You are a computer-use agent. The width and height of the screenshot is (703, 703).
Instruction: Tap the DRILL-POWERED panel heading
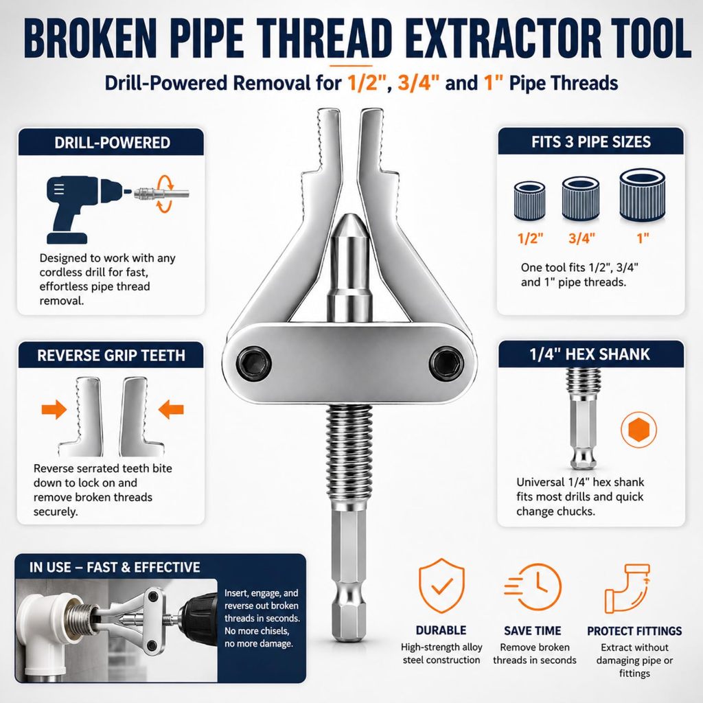point(112,143)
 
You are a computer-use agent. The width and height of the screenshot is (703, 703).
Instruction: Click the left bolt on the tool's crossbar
point(254,362)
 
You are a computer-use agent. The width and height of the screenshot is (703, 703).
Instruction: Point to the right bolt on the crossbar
point(446,361)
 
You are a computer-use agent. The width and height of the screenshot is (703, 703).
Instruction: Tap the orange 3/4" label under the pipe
point(581,238)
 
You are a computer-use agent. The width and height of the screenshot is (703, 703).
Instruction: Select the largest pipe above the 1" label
point(642,195)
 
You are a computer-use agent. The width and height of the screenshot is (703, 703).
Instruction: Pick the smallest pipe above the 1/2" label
point(529,201)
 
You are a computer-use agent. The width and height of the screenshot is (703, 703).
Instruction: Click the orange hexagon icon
point(638,430)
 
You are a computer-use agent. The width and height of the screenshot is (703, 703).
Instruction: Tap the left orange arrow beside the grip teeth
point(54,409)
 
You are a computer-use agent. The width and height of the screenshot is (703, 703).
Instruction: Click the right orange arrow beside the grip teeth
point(171,409)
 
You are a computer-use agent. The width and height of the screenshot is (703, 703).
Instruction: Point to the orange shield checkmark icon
point(441,586)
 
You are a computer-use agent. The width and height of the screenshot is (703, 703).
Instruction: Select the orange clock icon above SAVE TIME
point(533,587)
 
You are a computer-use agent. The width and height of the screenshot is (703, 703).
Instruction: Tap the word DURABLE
point(441,630)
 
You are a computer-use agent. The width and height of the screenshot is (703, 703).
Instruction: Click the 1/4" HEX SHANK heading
point(590,355)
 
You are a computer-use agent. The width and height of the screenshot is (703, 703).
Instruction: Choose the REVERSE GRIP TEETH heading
point(111,356)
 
